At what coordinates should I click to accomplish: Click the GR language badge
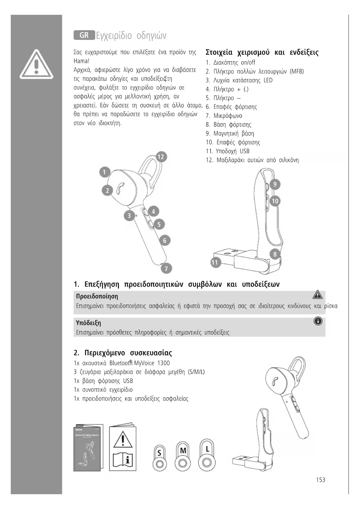click(84, 35)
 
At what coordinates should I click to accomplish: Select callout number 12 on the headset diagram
click(160, 157)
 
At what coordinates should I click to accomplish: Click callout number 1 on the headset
click(104, 172)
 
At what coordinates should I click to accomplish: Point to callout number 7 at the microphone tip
click(166, 268)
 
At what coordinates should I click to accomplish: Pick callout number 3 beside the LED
click(129, 216)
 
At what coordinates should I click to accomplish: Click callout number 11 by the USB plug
click(215, 263)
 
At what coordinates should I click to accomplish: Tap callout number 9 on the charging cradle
click(275, 184)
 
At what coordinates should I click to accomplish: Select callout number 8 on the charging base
click(275, 255)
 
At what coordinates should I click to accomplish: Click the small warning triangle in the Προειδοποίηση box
click(318, 295)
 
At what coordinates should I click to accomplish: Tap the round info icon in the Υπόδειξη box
click(318, 321)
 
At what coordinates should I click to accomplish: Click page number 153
click(321, 480)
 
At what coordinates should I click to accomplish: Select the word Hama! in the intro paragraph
click(82, 61)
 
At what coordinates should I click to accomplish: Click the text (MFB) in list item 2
click(297, 71)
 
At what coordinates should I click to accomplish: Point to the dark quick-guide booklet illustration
click(88, 448)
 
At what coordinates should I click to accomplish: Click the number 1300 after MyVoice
click(164, 363)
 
